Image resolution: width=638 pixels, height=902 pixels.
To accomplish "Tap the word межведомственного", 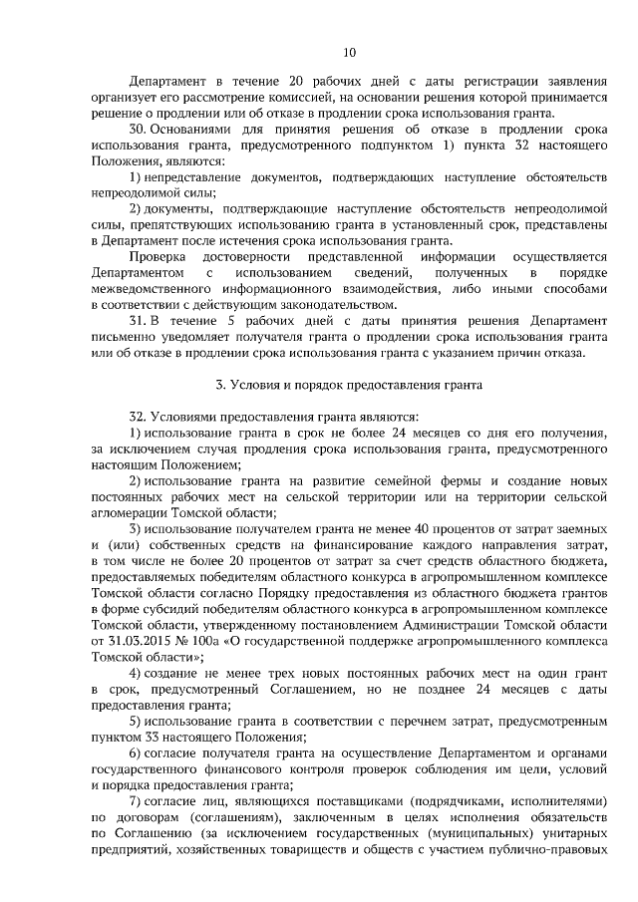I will [155, 288].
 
